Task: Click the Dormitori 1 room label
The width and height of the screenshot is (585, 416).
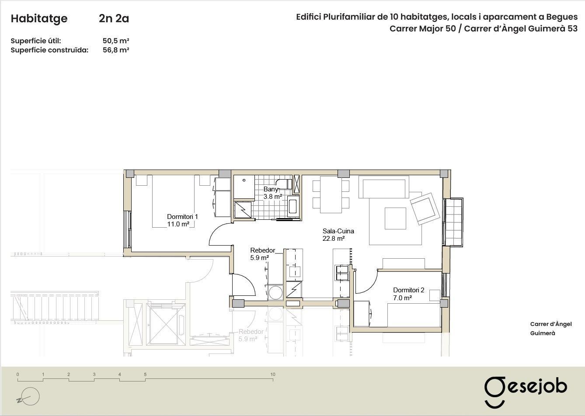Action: click(182, 220)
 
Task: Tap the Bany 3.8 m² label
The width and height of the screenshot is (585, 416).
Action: click(272, 193)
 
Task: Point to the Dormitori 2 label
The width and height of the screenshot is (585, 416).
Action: click(408, 294)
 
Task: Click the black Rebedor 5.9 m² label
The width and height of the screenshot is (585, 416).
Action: click(262, 254)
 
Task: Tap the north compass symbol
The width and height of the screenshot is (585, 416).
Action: click(28, 397)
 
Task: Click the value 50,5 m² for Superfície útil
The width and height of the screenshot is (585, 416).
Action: click(116, 41)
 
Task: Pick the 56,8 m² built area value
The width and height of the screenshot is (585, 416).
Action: click(116, 50)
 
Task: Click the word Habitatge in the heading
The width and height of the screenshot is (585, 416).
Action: click(39, 18)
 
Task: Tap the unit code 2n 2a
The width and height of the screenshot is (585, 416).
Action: click(114, 18)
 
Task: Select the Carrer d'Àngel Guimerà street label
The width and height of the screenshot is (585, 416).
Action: click(551, 329)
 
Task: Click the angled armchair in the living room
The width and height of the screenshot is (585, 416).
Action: click(425, 208)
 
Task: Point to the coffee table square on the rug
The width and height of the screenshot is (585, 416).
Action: click(395, 218)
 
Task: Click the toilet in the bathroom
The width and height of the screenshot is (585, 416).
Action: click(284, 184)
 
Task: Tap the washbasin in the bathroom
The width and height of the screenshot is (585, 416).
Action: click(293, 206)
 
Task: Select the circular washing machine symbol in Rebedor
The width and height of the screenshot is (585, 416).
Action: click(275, 293)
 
